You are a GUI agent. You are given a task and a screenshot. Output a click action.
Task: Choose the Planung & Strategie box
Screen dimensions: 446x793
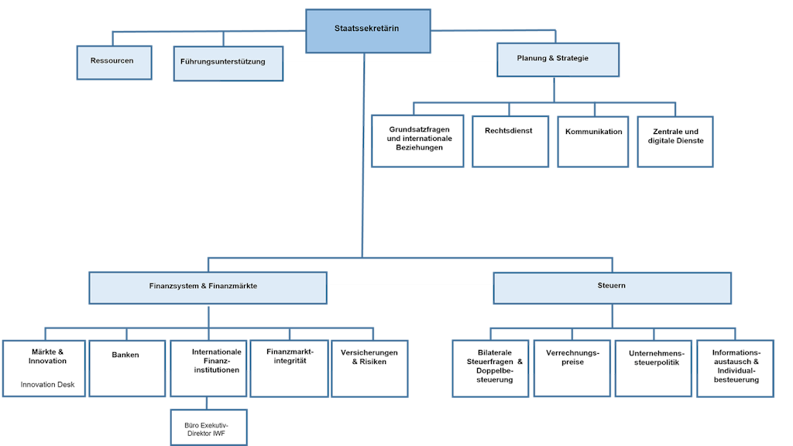pyautogui.click(x=558, y=60)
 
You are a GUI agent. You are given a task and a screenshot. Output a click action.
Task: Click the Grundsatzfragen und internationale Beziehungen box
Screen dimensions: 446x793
pyautogui.click(x=417, y=141)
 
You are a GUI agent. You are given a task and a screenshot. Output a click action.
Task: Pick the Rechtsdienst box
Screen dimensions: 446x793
pyautogui.click(x=510, y=141)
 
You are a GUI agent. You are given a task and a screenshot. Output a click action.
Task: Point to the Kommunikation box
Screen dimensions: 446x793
pyautogui.click(x=593, y=141)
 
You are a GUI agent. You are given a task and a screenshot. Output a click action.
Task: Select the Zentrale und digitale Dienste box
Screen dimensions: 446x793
pyautogui.click(x=675, y=141)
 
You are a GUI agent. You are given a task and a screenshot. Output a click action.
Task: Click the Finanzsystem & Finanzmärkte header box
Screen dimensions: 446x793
pyautogui.click(x=208, y=286)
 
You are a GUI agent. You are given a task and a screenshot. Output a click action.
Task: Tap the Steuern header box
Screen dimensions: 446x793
pyautogui.click(x=612, y=286)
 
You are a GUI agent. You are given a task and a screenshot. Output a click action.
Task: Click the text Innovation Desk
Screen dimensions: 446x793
pyautogui.click(x=48, y=385)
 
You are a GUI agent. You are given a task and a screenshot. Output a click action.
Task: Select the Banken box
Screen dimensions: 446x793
pyautogui.click(x=126, y=368)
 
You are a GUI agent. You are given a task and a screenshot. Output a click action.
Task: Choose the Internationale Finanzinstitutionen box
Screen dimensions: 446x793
pyautogui.click(x=208, y=368)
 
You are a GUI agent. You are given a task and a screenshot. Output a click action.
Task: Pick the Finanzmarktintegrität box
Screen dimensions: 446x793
pyautogui.click(x=289, y=368)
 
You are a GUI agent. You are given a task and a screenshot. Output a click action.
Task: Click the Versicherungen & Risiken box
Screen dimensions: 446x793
pyautogui.click(x=369, y=368)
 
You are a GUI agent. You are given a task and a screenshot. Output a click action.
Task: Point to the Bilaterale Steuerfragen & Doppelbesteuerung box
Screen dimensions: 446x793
pyautogui.click(x=491, y=368)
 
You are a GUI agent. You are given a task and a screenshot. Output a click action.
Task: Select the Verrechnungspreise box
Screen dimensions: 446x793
pyautogui.click(x=572, y=368)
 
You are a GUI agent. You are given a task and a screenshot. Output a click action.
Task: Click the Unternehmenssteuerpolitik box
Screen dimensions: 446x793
pyautogui.click(x=654, y=368)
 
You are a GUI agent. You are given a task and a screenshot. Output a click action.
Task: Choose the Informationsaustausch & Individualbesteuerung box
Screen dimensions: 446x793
pyautogui.click(x=735, y=368)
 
